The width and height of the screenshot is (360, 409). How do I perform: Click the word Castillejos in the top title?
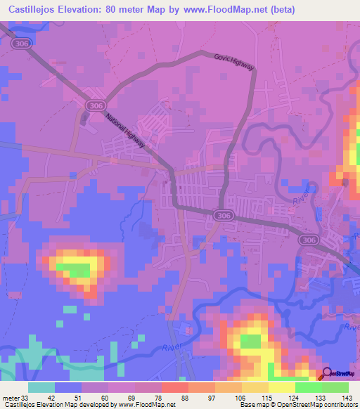[x=34, y=9]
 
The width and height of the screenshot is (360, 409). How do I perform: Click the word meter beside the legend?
[x=10, y=397]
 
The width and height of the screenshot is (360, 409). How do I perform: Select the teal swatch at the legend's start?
[x=41, y=387]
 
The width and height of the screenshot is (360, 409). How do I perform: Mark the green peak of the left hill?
[x=79, y=269]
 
